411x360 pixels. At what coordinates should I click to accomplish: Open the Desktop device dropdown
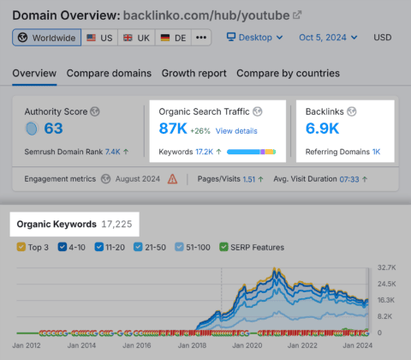point(254,38)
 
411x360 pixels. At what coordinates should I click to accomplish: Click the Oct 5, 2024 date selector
point(330,38)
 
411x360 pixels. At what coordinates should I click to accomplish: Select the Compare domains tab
point(109,73)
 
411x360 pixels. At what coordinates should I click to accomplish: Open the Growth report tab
point(194,73)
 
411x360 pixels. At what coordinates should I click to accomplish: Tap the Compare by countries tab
point(288,73)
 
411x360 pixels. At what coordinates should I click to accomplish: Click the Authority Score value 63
point(53,129)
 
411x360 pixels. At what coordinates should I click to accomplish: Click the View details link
point(235,130)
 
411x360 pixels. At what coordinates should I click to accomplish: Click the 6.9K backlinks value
point(323,129)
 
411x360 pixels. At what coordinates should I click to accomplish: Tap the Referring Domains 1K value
point(376,152)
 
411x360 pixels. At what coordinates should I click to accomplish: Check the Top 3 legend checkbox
point(22,248)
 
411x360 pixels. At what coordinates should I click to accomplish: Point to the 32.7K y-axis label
point(386,267)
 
